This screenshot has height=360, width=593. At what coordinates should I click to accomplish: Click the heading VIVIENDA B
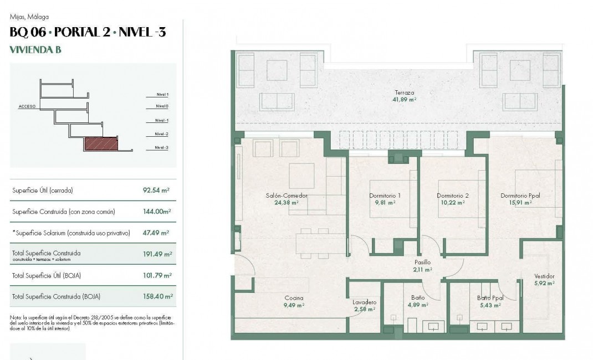[35, 50]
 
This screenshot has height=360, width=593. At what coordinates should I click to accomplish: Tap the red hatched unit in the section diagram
[101, 145]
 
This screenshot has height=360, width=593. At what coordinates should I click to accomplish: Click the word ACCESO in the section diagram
[27, 106]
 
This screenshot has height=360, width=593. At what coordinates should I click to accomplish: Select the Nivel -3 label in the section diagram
[161, 148]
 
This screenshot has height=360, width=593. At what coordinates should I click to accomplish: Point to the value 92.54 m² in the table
[156, 191]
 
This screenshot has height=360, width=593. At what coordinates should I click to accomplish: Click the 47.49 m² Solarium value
[156, 233]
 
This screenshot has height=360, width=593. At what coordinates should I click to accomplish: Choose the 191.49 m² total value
[157, 254]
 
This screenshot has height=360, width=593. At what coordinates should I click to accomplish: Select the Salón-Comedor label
[286, 196]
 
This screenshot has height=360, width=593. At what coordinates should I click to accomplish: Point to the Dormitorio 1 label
[385, 196]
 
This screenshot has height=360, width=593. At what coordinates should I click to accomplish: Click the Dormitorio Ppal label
[520, 196]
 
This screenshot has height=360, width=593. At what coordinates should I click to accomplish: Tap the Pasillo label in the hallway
[423, 263]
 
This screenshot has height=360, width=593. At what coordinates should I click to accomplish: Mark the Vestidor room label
[544, 276]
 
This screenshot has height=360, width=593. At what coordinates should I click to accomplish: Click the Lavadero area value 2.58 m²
[364, 309]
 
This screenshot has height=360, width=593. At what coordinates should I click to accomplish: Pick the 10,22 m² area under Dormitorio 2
[452, 203]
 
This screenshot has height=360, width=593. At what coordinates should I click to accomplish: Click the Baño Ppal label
[489, 298]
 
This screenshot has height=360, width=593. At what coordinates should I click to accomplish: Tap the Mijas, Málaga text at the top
[29, 17]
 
